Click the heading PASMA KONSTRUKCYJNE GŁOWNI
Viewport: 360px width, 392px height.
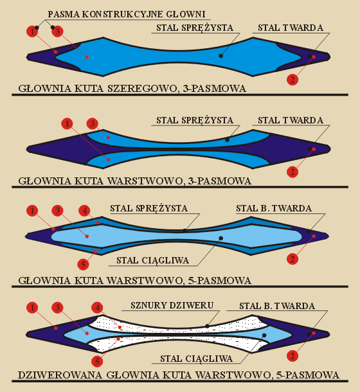pyautogui.click(x=127, y=14)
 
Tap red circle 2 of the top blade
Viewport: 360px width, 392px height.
pyautogui.click(x=292, y=80)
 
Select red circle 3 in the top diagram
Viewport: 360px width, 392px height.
pyautogui.click(x=58, y=31)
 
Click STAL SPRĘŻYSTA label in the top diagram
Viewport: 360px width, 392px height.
pyautogui.click(x=195, y=28)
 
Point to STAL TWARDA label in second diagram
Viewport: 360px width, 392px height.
pyautogui.click(x=291, y=120)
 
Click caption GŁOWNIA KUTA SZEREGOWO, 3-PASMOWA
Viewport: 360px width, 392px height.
pyautogui.click(x=132, y=89)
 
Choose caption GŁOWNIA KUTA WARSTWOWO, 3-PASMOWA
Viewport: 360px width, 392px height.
pyautogui.click(x=134, y=181)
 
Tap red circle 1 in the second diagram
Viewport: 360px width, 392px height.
pyautogui.click(x=67, y=123)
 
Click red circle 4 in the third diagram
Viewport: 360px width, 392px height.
pyautogui.click(x=84, y=211)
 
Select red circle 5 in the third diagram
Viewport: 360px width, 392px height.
pyautogui.click(x=84, y=265)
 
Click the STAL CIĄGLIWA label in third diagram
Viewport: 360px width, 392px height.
pyautogui.click(x=152, y=260)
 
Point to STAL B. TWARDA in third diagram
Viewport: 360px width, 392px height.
pyautogui.click(x=274, y=208)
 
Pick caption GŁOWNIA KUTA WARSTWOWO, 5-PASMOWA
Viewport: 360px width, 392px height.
pyautogui.click(x=134, y=280)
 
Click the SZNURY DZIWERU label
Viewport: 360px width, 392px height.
pyautogui.click(x=172, y=305)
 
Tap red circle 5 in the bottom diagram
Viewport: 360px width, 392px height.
pyautogui.click(x=97, y=361)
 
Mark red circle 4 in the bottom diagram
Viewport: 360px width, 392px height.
pyautogui.click(x=97, y=308)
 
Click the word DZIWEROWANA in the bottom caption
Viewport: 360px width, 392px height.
pyautogui.click(x=60, y=375)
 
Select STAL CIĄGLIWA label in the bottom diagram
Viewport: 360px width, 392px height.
pyautogui.click(x=196, y=359)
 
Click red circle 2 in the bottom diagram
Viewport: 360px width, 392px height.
pyautogui.click(x=292, y=356)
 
